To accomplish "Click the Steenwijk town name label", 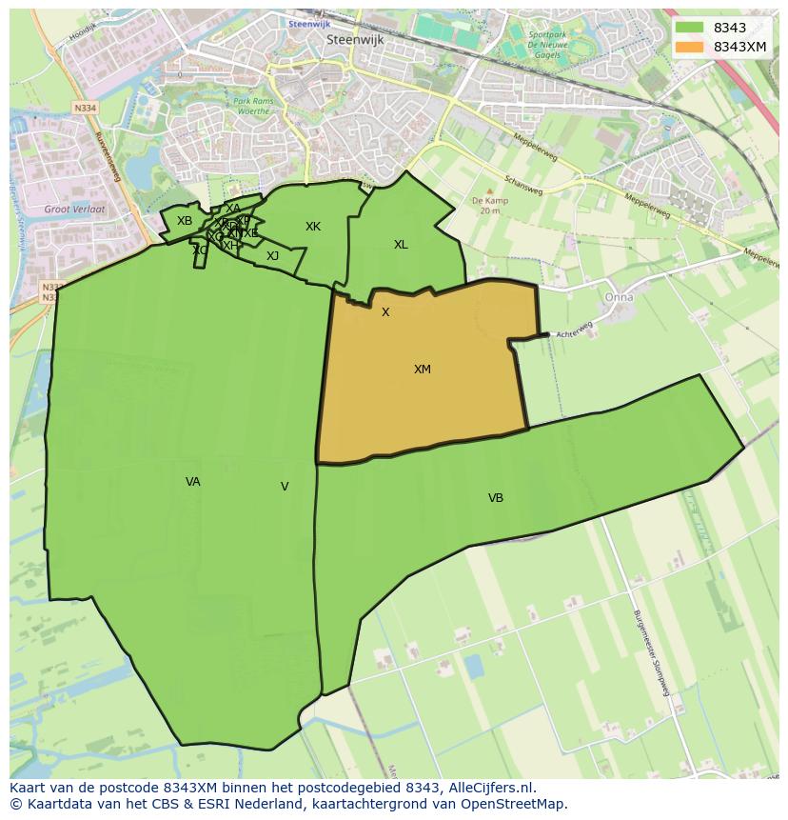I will [x=353, y=40].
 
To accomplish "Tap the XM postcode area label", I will [x=423, y=370].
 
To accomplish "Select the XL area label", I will [x=401, y=245].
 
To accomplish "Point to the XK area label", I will [x=313, y=227].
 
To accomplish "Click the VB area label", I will [x=496, y=498].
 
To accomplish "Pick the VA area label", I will [x=193, y=482].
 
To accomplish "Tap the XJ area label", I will [x=273, y=256].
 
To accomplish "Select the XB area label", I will [x=185, y=221].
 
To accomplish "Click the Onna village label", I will [x=619, y=297].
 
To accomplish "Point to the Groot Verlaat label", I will [x=74, y=209].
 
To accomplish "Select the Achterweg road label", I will [x=574, y=330].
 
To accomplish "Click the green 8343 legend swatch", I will [x=689, y=28].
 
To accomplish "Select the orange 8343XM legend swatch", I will [x=689, y=47].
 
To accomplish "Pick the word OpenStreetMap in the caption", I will [x=516, y=804].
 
